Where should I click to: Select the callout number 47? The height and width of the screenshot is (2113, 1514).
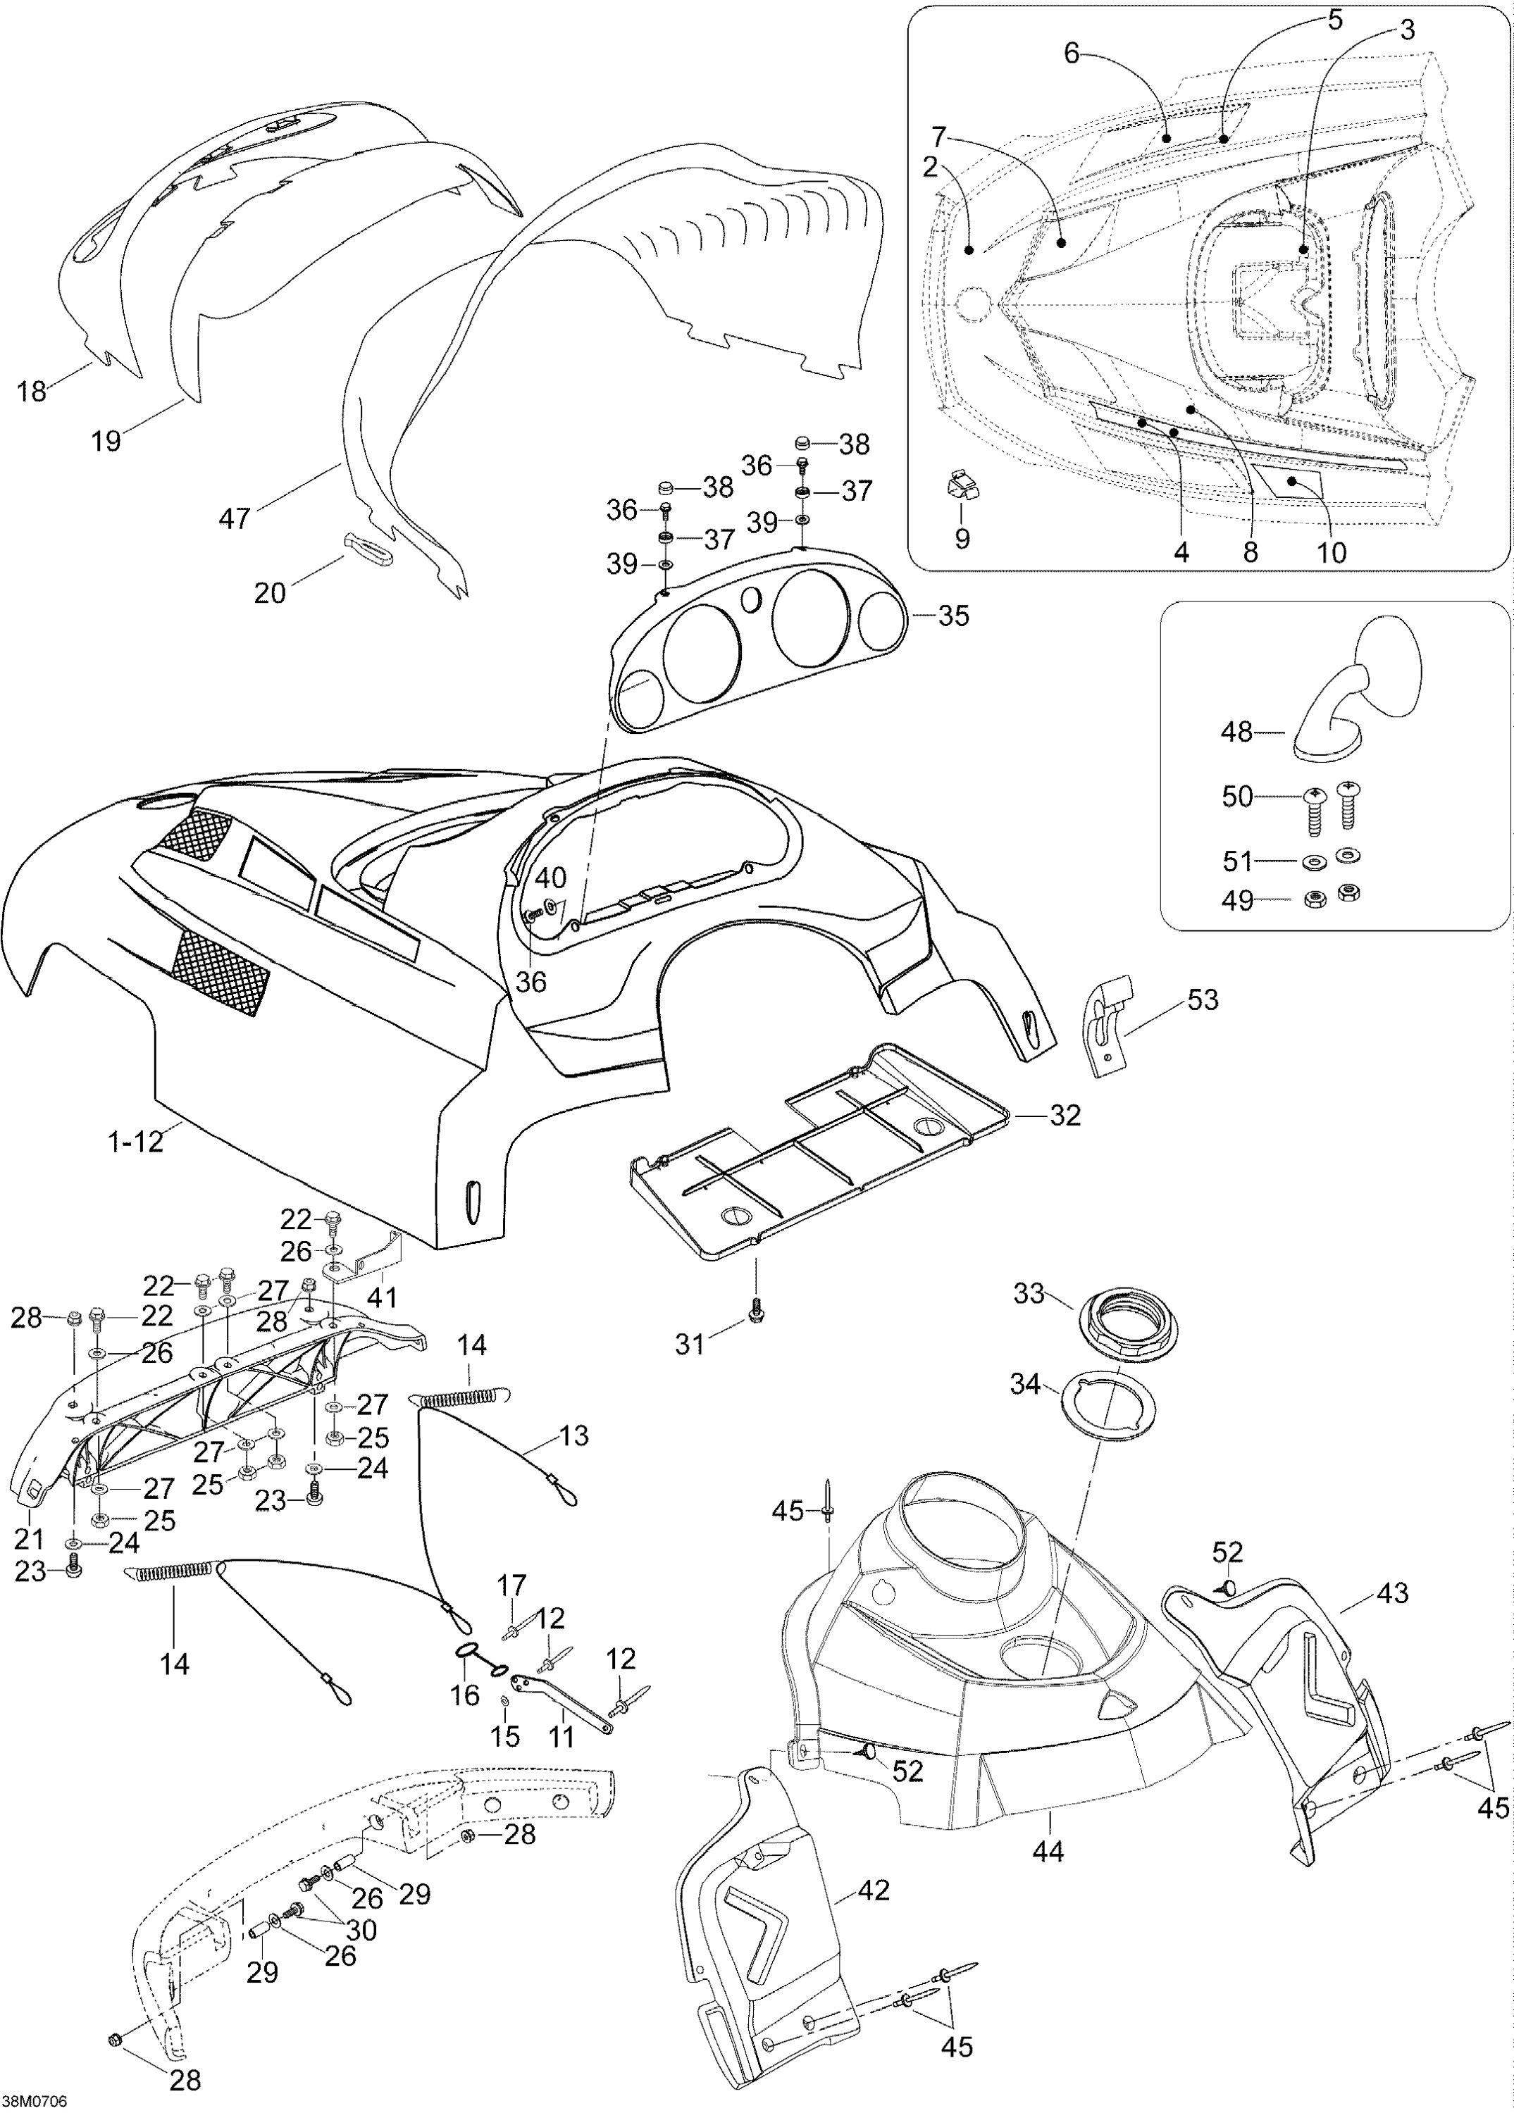[x=234, y=517]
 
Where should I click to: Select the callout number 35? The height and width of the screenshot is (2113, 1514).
[x=953, y=616]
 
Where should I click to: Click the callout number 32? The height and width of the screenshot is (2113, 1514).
[x=1065, y=1114]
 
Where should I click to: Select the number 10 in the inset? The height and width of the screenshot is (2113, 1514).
[x=1332, y=552]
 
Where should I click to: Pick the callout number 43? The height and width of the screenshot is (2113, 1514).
[x=1392, y=1594]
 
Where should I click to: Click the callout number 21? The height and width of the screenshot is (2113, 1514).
[x=29, y=1539]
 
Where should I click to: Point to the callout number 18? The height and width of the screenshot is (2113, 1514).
[x=32, y=392]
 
